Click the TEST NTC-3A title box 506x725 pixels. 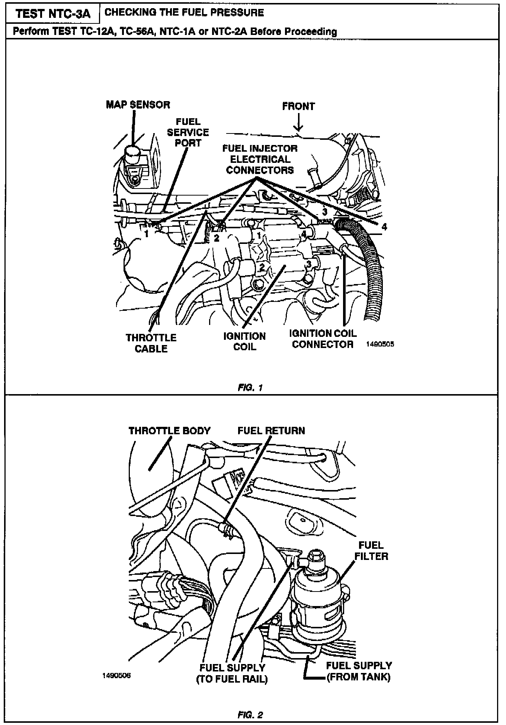tap(53, 14)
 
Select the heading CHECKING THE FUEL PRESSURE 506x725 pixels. tap(184, 13)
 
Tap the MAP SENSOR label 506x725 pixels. tap(138, 105)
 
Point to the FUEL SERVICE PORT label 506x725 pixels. tap(188, 132)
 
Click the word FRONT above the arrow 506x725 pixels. tap(298, 107)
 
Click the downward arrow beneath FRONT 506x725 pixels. tap(298, 123)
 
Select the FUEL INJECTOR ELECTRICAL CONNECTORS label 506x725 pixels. tap(260, 159)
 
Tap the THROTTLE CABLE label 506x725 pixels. tap(151, 343)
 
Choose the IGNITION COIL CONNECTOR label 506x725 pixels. tap(323, 339)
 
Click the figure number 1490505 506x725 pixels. tap(380, 344)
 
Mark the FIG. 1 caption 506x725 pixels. tap(250, 387)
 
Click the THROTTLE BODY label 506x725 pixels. tap(170, 431)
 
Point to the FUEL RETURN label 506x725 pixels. tap(271, 431)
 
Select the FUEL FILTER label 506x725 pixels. tap(371, 551)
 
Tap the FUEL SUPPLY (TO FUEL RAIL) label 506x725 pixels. tap(232, 673)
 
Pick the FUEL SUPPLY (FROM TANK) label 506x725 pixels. tap(359, 671)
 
